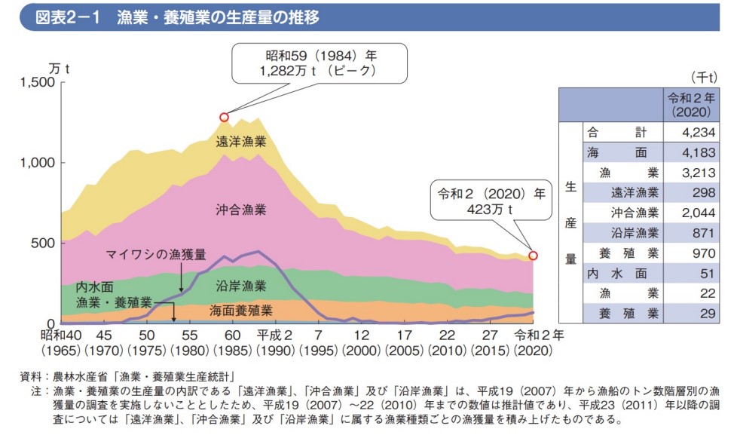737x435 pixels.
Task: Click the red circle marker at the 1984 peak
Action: [224, 117]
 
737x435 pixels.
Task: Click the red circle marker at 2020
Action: [534, 256]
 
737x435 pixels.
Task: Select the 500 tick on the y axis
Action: [44, 243]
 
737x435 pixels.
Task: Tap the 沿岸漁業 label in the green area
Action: [241, 286]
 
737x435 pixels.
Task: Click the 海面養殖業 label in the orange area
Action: [241, 310]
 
